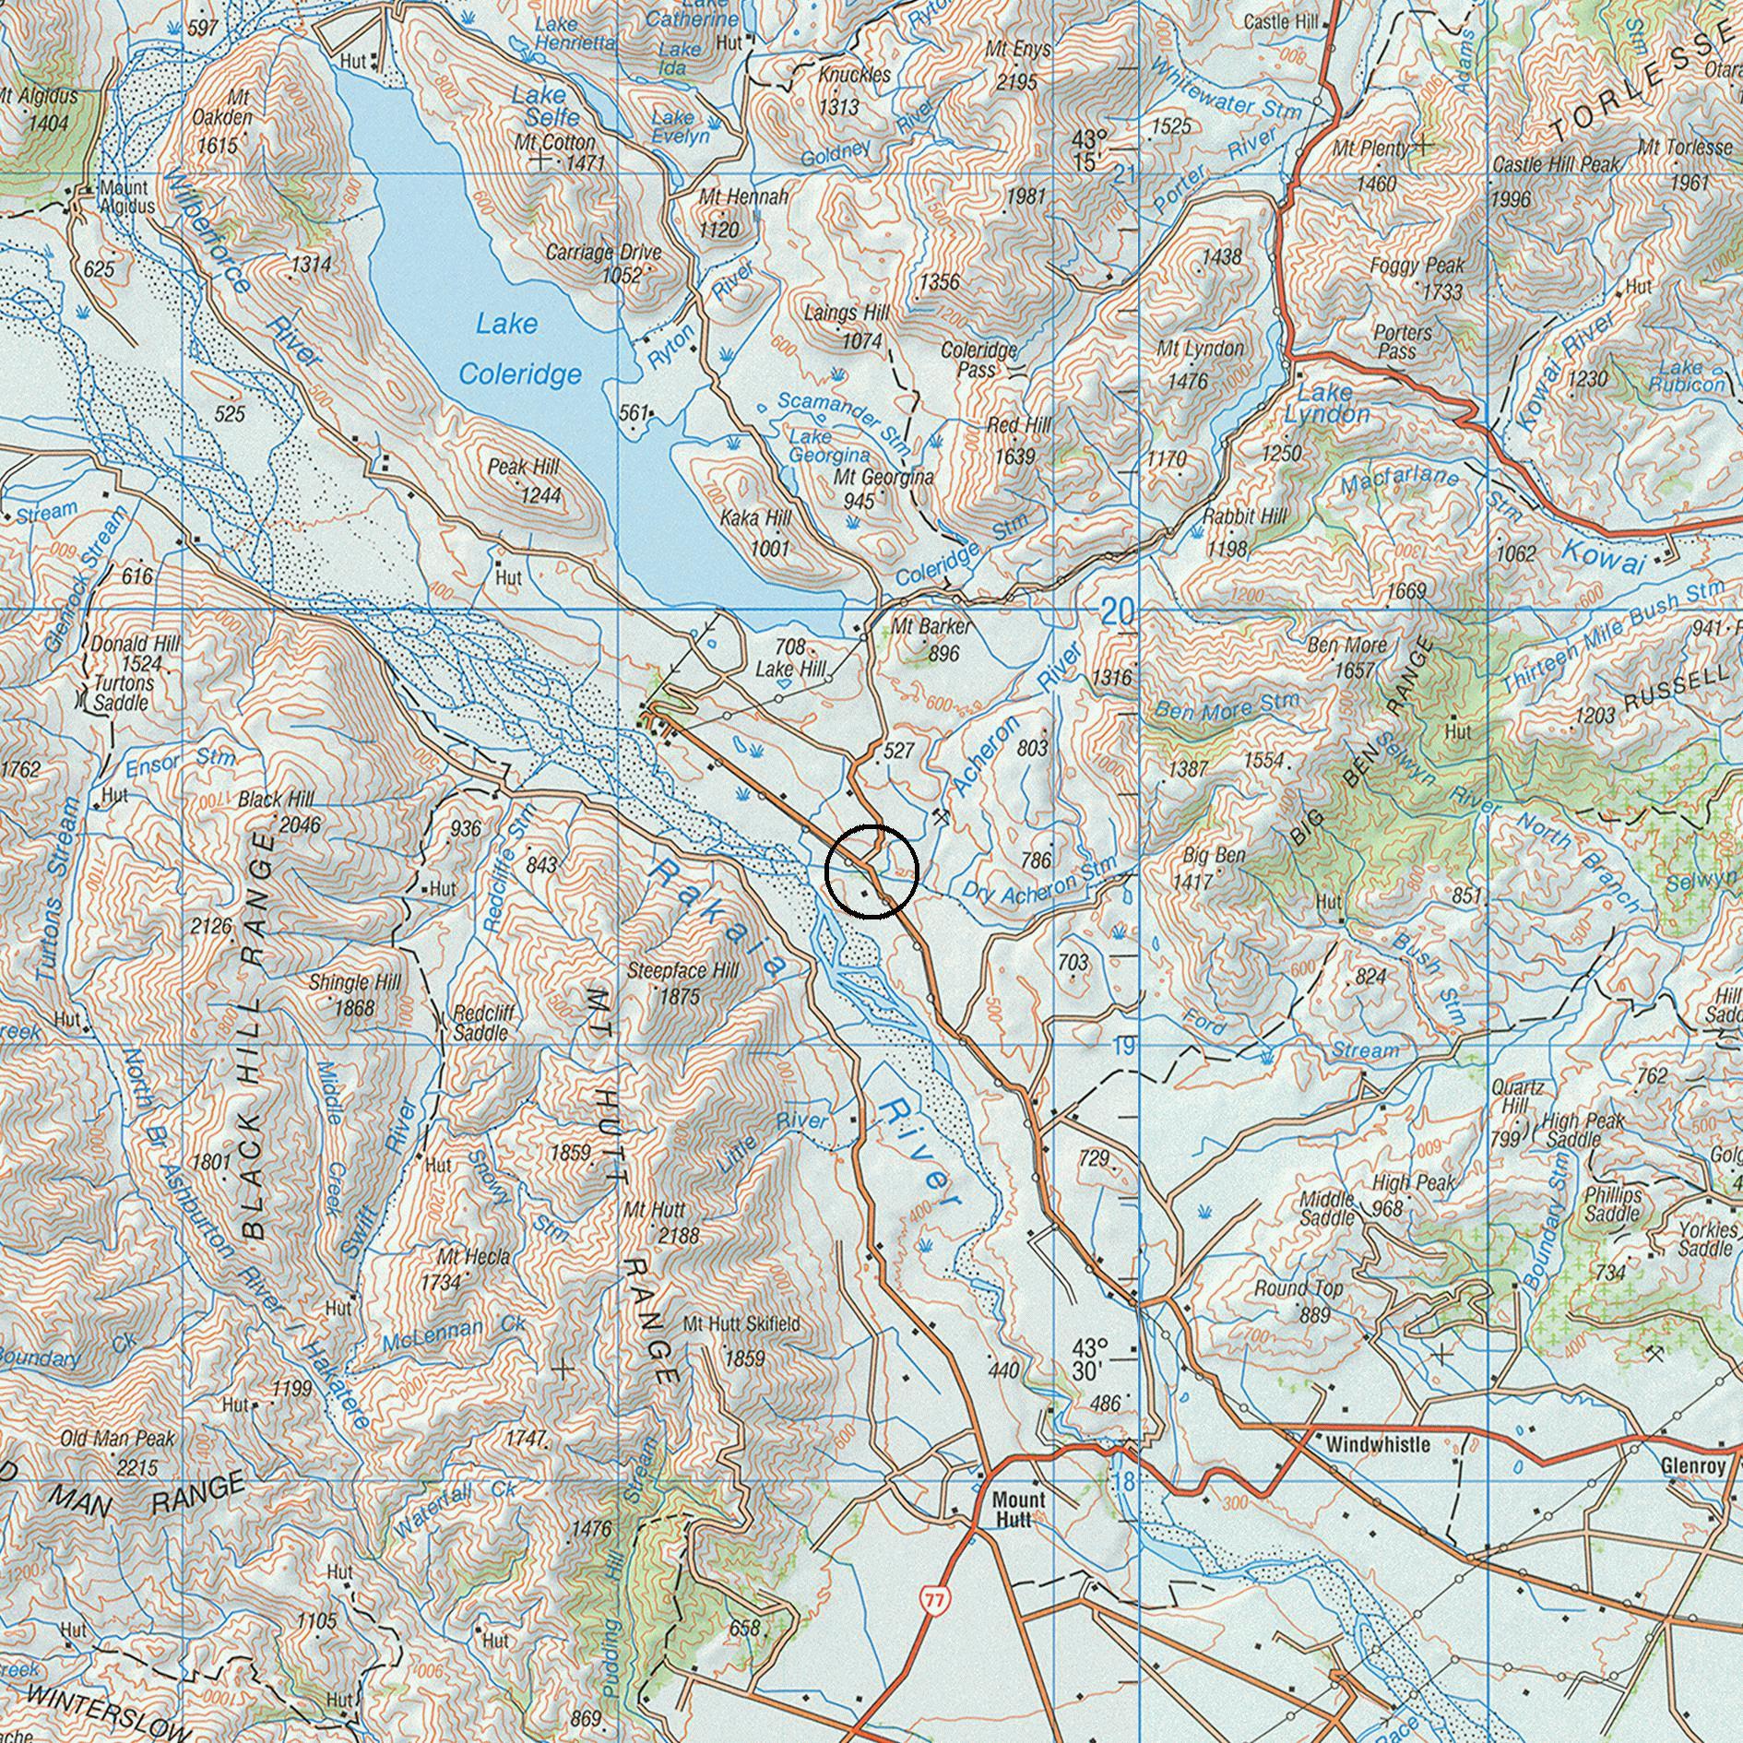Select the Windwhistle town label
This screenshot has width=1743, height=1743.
pyautogui.click(x=1378, y=1444)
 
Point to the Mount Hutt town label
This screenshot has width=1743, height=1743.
pyautogui.click(x=1018, y=1508)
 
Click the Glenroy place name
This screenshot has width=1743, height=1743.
pyautogui.click(x=1692, y=1464)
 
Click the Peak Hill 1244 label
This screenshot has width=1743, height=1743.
pyautogui.click(x=524, y=480)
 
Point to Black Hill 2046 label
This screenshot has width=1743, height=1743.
pyautogui.click(x=278, y=812)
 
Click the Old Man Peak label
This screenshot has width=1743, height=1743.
pyautogui.click(x=117, y=1451)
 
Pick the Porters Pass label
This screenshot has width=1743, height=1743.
pyautogui.click(x=1402, y=341)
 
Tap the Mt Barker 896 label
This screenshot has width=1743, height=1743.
pyautogui.click(x=931, y=639)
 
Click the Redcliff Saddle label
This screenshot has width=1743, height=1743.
pyautogui.click(x=483, y=1023)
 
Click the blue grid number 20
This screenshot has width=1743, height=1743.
pyautogui.click(x=1119, y=611)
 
